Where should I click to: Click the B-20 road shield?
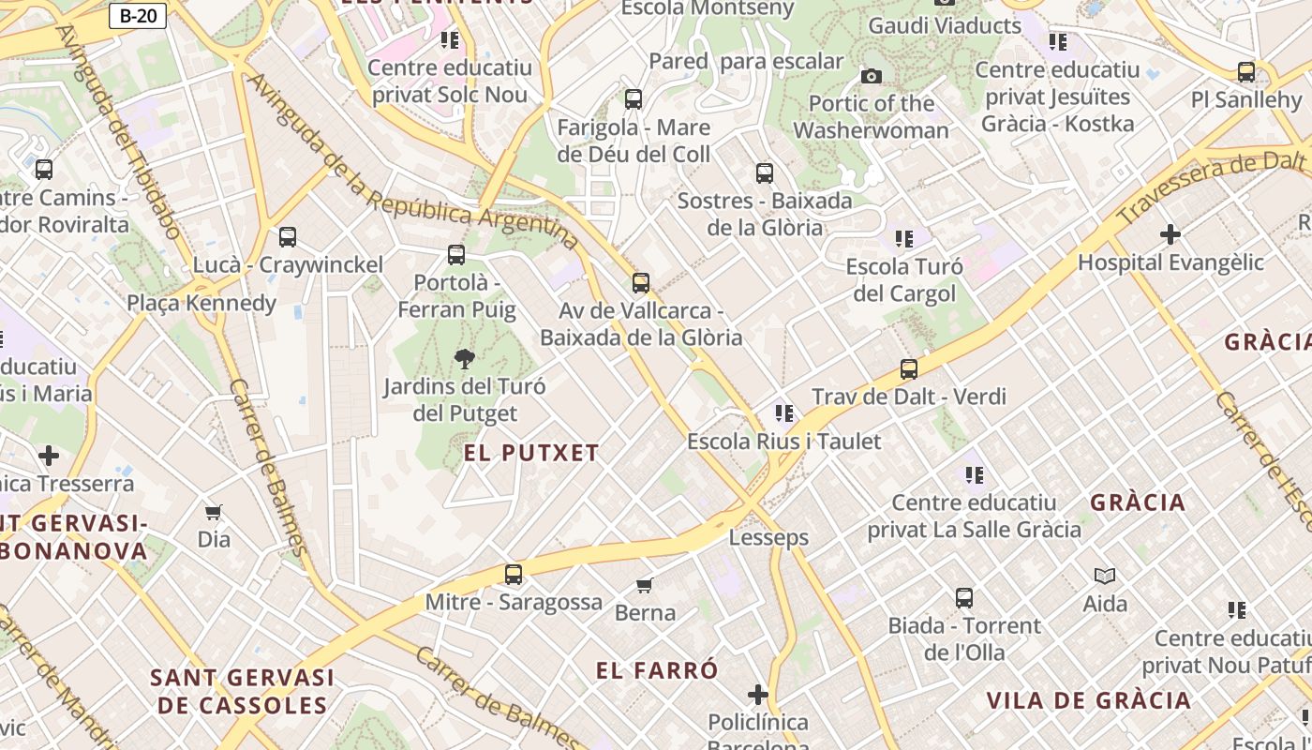point(138,16)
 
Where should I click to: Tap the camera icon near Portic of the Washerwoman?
point(872,76)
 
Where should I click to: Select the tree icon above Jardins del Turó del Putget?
point(464,358)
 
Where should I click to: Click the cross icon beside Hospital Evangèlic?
point(1170,233)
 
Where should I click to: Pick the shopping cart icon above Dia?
point(214,512)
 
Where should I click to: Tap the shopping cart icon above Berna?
point(645,585)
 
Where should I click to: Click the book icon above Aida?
point(1105,576)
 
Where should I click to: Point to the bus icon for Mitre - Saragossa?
point(514,574)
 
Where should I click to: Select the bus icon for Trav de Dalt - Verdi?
point(908,368)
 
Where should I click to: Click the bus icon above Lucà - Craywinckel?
point(288,237)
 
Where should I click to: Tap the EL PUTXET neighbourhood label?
point(531,453)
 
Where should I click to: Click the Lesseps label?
point(768,538)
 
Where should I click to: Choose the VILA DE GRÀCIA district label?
point(1088,700)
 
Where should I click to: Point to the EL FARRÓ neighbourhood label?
point(657,670)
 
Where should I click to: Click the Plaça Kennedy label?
point(201,303)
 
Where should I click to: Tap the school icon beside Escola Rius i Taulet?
point(784,413)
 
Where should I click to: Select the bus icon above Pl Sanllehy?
point(1246,72)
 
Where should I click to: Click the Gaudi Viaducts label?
point(945,25)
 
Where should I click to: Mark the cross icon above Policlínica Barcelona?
point(758,695)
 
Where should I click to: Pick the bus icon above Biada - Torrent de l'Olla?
point(964,597)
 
